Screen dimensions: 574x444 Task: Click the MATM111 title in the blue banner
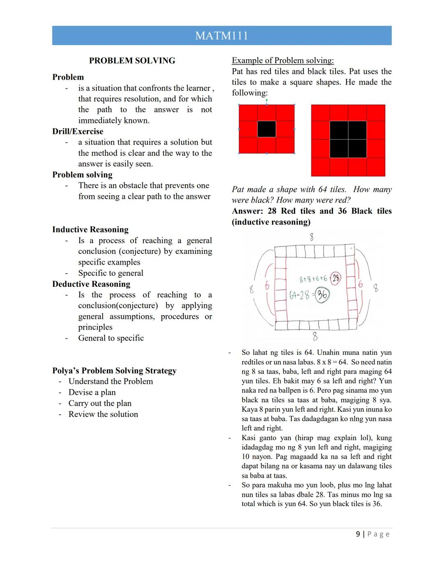coord(222,36)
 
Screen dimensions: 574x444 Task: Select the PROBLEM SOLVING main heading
coord(132,61)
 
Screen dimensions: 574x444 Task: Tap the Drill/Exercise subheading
coord(78,131)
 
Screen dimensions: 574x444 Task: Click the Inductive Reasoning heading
coord(90,230)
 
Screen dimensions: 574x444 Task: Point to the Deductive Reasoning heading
coord(91,284)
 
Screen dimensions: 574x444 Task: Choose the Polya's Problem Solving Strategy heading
coord(114,371)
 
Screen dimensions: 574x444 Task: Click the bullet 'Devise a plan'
coord(92,392)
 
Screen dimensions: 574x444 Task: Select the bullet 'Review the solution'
coord(103,414)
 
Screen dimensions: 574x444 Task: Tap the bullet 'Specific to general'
coord(111,273)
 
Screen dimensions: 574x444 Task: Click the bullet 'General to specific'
coord(111,338)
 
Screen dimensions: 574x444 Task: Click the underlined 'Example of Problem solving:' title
coord(283,60)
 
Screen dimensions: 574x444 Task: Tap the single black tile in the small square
coord(266,129)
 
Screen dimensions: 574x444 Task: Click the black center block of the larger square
coord(348,139)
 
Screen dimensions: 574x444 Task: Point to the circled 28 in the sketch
coord(336,278)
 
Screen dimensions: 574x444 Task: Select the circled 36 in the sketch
coord(322,295)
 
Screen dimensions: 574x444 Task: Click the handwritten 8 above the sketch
coord(312,237)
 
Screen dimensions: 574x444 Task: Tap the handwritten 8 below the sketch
coord(315,337)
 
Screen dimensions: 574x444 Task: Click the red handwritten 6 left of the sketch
coord(267,286)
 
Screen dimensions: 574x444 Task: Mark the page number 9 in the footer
coord(358,534)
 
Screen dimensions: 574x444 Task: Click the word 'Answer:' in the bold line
coord(247,211)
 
